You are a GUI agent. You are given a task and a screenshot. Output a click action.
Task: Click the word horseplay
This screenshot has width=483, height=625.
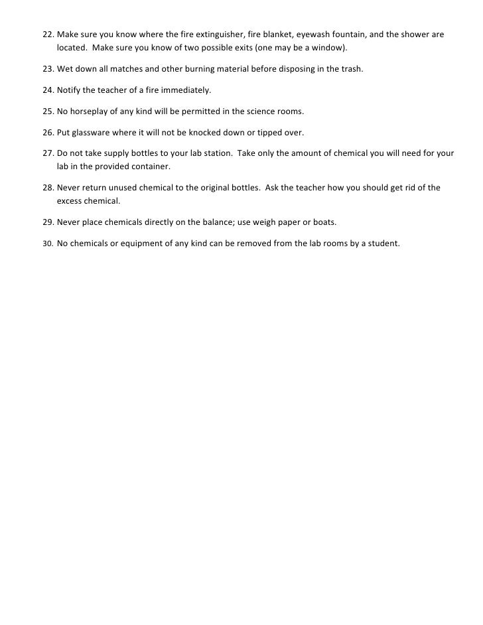click(91, 110)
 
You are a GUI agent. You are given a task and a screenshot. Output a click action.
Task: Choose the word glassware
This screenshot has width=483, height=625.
click(93, 131)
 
